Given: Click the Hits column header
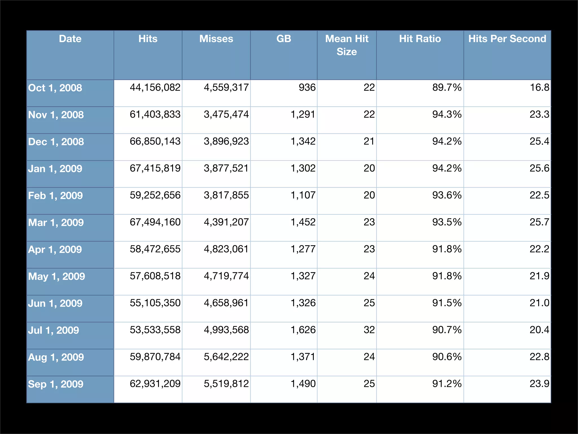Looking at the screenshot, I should (x=148, y=39).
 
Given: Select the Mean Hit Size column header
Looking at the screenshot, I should (x=347, y=45).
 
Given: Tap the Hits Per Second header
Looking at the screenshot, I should (x=507, y=39).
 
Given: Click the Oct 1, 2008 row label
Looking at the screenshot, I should (x=55, y=88).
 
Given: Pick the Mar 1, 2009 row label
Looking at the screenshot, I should (x=56, y=223).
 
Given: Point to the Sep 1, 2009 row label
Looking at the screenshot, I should (x=56, y=384).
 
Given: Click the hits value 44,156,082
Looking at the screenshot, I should (x=155, y=88).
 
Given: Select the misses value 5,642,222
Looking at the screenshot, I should (x=226, y=357).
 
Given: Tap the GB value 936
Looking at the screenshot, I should (x=307, y=88).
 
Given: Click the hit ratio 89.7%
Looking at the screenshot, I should (x=447, y=88).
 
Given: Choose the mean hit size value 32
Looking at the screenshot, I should (x=369, y=330).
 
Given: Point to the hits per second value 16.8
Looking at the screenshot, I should (x=540, y=88).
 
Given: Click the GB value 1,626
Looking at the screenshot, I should (x=303, y=330).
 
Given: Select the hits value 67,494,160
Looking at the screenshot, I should (x=155, y=222).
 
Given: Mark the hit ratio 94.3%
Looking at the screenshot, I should (x=447, y=114).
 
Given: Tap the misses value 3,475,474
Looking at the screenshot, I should (x=226, y=114).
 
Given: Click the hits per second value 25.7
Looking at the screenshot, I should (x=540, y=222).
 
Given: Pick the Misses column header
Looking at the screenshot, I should (x=216, y=39).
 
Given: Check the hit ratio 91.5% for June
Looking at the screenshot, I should (x=447, y=303).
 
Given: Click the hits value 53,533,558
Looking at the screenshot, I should (x=155, y=330).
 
